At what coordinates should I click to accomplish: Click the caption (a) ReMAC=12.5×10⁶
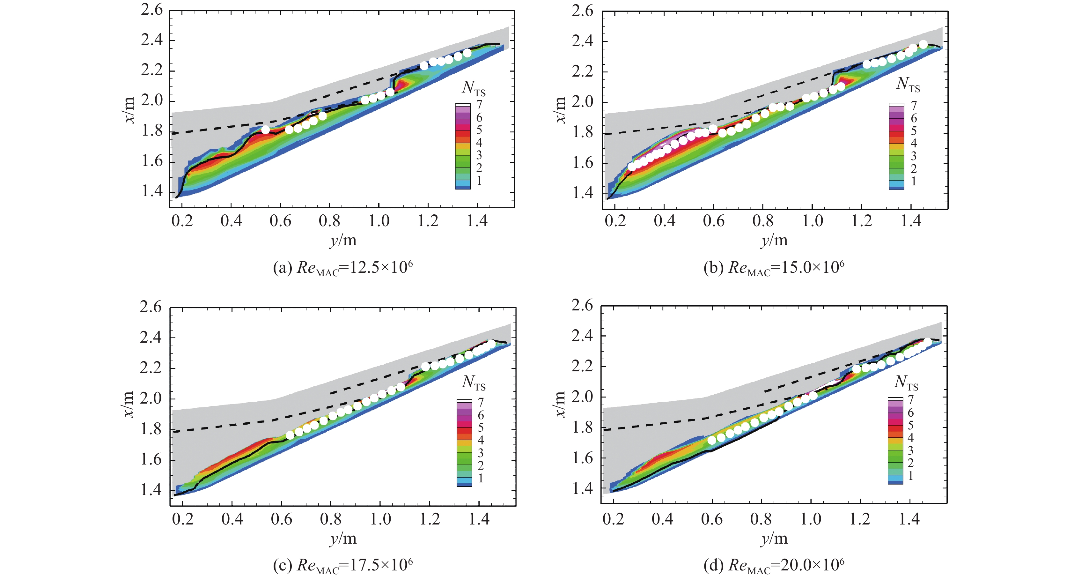[342, 268]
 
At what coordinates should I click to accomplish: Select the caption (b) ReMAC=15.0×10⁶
[774, 268]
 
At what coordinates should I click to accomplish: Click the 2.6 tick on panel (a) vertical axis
[152, 10]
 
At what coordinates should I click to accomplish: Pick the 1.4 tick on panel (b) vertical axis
[583, 193]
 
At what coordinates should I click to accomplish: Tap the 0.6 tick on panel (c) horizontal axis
[282, 519]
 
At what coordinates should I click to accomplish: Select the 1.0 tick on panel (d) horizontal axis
[811, 519]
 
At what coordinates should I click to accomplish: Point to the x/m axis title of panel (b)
[560, 110]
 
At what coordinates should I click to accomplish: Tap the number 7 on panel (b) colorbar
[913, 106]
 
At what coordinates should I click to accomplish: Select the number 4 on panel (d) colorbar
[910, 437]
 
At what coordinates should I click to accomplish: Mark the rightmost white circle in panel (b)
[923, 44]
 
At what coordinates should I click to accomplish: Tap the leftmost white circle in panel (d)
[712, 440]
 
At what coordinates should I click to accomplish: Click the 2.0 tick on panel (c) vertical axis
[151, 398]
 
